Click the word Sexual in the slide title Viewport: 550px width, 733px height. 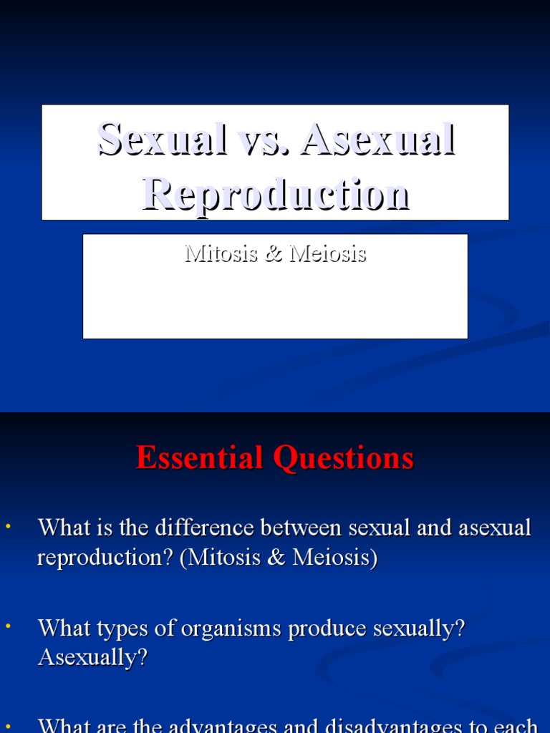(160, 139)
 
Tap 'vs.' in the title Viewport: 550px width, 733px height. (262, 139)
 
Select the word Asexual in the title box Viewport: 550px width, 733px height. (378, 139)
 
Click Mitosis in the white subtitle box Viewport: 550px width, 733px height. (221, 253)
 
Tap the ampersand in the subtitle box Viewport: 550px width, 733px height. (274, 254)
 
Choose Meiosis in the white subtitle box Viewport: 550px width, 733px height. (327, 253)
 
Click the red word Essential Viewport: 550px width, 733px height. (198, 457)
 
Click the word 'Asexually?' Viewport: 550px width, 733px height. (92, 658)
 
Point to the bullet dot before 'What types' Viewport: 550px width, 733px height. (9, 627)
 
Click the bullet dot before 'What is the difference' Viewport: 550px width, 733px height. (9, 527)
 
